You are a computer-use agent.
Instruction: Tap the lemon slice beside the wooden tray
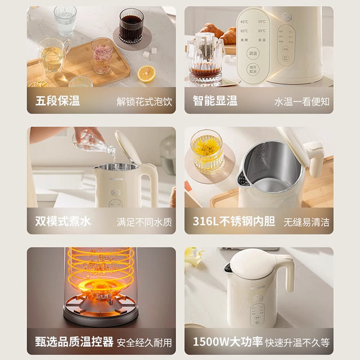(147, 74)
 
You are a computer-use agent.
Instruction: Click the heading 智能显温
(215, 101)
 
